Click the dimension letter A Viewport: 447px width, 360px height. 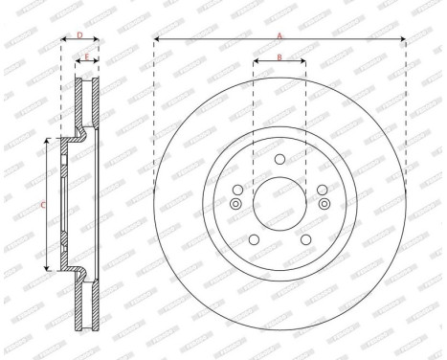coord(279,34)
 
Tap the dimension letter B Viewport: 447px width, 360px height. coord(279,57)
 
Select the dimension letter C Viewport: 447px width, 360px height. coord(42,205)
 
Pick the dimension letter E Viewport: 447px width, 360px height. coord(86,57)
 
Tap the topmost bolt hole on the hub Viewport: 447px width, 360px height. coord(279,160)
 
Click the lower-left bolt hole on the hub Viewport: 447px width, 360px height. coord(255,239)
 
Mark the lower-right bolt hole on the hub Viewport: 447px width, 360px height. coord(304,239)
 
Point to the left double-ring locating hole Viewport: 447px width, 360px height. coord(236,203)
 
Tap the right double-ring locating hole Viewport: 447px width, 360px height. coord(323,203)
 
